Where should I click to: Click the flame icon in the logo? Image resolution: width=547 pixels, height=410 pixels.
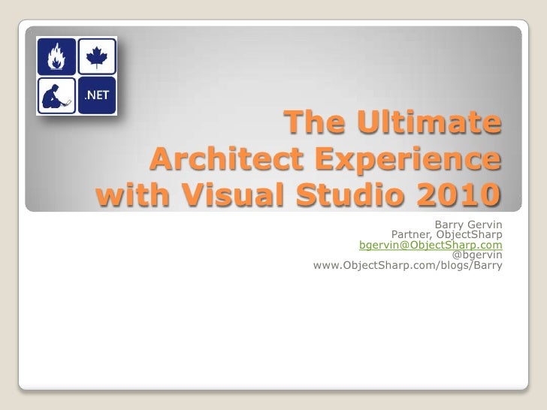tap(56, 55)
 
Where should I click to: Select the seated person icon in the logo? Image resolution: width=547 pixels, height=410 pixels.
tap(56, 95)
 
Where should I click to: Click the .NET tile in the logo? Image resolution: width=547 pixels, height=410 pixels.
tap(95, 95)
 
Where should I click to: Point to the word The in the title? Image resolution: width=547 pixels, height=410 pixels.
tap(311, 125)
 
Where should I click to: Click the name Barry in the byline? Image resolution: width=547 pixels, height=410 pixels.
tap(449, 223)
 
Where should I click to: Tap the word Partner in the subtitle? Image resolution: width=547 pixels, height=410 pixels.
tap(410, 234)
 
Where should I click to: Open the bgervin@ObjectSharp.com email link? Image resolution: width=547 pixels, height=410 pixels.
tap(431, 245)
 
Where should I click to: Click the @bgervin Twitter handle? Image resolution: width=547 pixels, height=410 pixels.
tap(477, 255)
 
